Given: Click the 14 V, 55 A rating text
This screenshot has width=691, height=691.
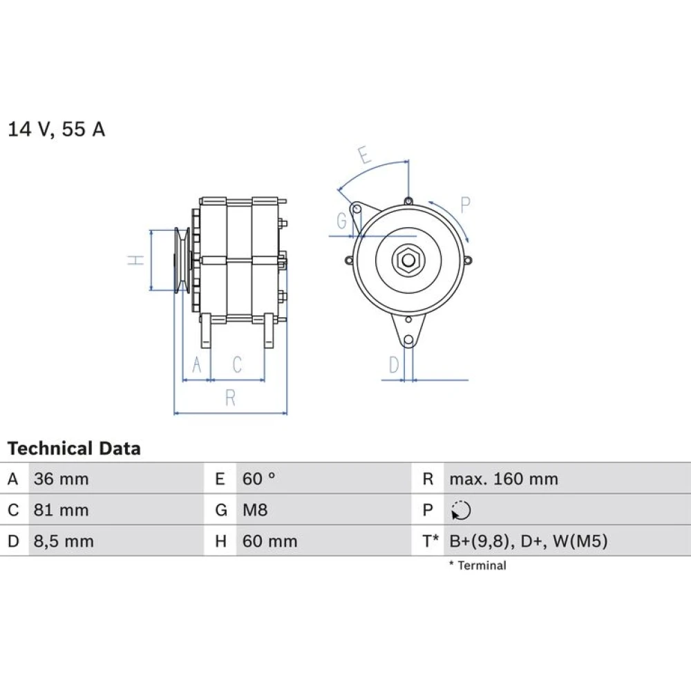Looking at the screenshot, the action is (x=57, y=129).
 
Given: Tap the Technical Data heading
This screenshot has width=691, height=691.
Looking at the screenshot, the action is (x=74, y=448).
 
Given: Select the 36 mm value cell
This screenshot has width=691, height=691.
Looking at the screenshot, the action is (x=61, y=479).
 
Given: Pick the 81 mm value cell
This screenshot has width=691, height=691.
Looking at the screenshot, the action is (x=61, y=511).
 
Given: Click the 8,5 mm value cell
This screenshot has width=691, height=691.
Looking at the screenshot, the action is (x=64, y=542).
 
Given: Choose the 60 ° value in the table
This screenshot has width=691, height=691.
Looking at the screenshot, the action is (x=258, y=479).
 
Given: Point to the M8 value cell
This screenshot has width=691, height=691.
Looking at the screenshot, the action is (x=255, y=511).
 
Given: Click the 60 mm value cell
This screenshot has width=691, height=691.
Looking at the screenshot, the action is (x=270, y=542).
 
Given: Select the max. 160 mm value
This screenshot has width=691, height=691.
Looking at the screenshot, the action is (x=504, y=479).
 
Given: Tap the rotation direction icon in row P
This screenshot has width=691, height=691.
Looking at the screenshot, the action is (x=461, y=511).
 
